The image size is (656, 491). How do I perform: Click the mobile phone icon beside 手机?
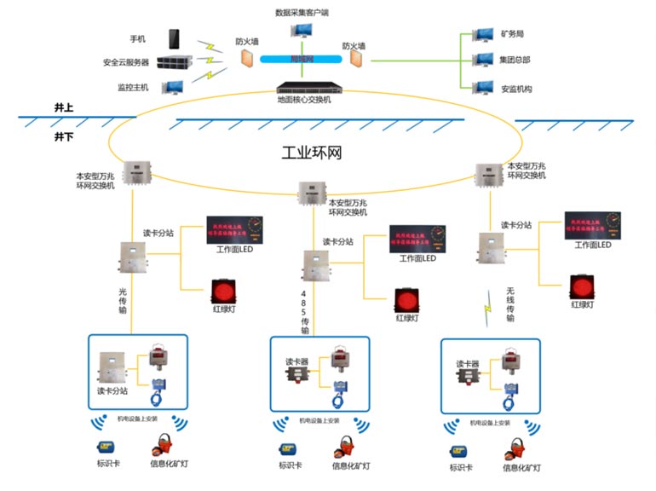(175, 39)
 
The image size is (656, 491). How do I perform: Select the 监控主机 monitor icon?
(174, 86)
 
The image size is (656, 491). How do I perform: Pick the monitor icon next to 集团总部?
(484, 61)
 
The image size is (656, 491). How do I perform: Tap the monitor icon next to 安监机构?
(484, 86)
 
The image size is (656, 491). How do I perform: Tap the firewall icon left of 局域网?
(247, 59)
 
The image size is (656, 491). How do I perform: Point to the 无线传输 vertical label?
(509, 304)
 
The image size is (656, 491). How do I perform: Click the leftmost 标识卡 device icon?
(106, 447)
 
